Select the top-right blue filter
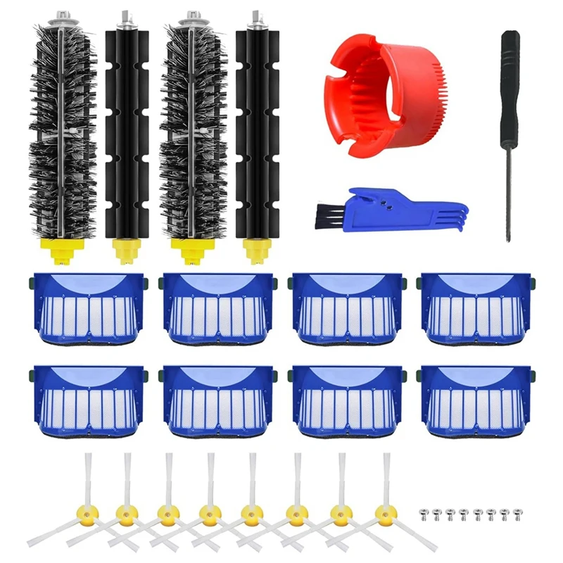476,307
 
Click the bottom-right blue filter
476,398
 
